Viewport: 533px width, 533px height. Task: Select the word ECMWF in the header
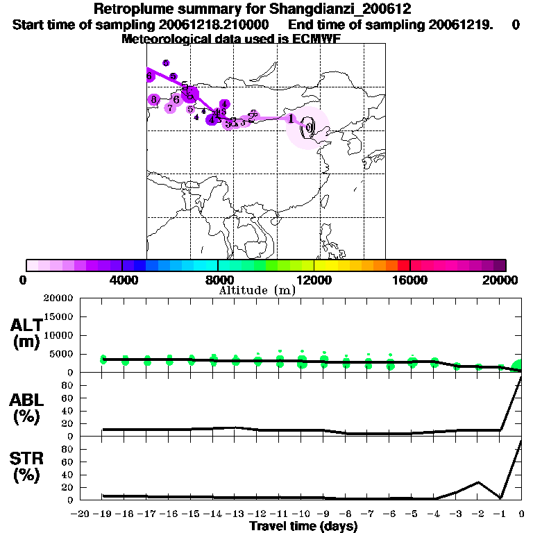(316, 39)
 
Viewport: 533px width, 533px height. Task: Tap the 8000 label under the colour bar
(219, 280)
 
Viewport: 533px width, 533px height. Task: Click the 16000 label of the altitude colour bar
(410, 280)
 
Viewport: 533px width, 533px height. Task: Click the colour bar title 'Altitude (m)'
(257, 290)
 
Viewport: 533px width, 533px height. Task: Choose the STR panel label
(27, 467)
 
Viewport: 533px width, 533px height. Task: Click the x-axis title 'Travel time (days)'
(303, 527)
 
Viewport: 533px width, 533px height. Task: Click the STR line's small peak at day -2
(478, 482)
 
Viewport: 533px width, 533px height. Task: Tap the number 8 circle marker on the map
(154, 100)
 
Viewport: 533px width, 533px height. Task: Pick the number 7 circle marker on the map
(170, 108)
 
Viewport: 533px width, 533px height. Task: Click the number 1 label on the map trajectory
(291, 119)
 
